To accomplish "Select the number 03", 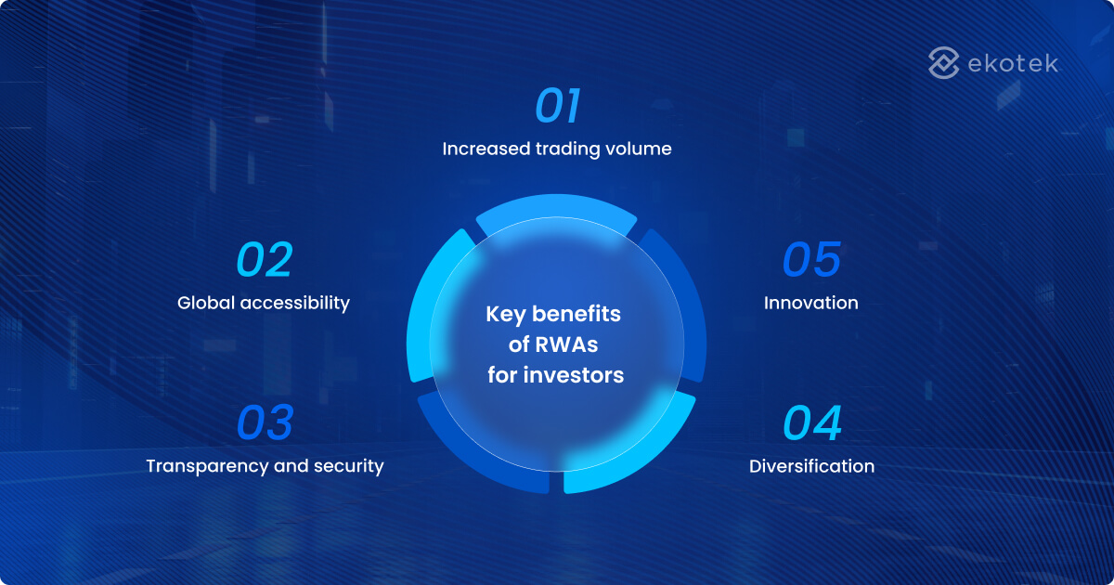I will click(265, 422).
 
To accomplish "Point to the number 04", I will click(812, 422).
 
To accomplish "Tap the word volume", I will click(641, 149).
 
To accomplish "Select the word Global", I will click(201, 303).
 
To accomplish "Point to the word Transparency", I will click(206, 466).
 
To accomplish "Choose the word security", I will click(350, 466).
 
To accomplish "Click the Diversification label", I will click(811, 466).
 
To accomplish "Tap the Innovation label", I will click(810, 303).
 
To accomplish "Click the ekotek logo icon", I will click(943, 63).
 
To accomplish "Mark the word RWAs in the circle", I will click(565, 345).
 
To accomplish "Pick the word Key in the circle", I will click(504, 315).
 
